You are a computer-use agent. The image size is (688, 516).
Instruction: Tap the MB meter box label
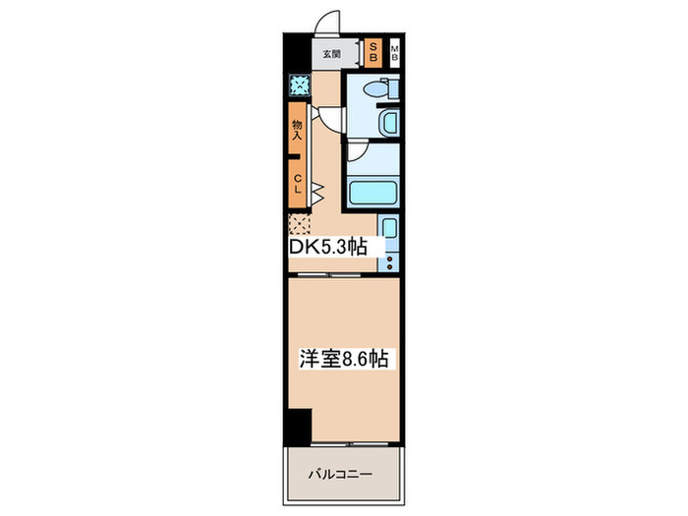(394, 53)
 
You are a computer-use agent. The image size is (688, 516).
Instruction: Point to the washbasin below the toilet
(387, 124)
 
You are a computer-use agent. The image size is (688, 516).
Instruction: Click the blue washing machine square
(297, 86)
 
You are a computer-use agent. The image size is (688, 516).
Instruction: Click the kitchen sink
(389, 233)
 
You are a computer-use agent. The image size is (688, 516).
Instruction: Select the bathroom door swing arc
(357, 149)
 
